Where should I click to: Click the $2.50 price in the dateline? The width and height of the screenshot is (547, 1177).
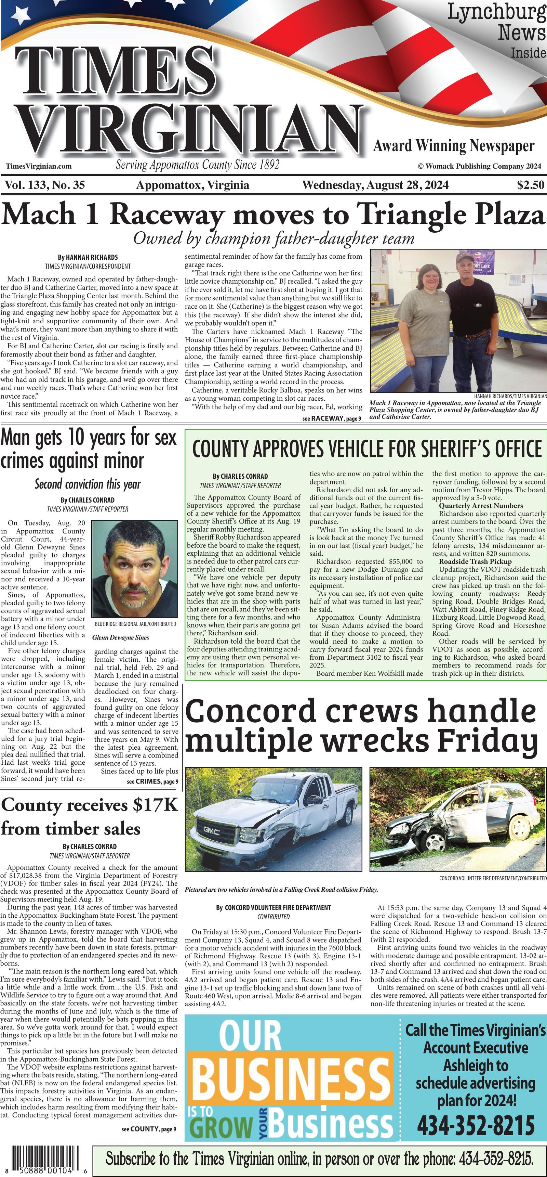click(x=531, y=185)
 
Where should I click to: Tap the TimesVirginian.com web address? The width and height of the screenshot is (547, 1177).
click(x=39, y=166)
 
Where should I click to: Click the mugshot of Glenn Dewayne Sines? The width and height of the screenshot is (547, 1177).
click(x=134, y=569)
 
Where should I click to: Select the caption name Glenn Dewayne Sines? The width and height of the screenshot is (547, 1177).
click(x=121, y=637)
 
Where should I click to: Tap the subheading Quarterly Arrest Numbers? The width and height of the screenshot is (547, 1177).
click(x=481, y=506)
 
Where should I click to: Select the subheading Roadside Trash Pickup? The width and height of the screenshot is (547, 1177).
click(x=475, y=561)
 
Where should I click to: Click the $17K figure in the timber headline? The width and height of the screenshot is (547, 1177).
click(x=155, y=805)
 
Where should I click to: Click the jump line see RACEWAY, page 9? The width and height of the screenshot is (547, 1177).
click(x=332, y=418)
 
